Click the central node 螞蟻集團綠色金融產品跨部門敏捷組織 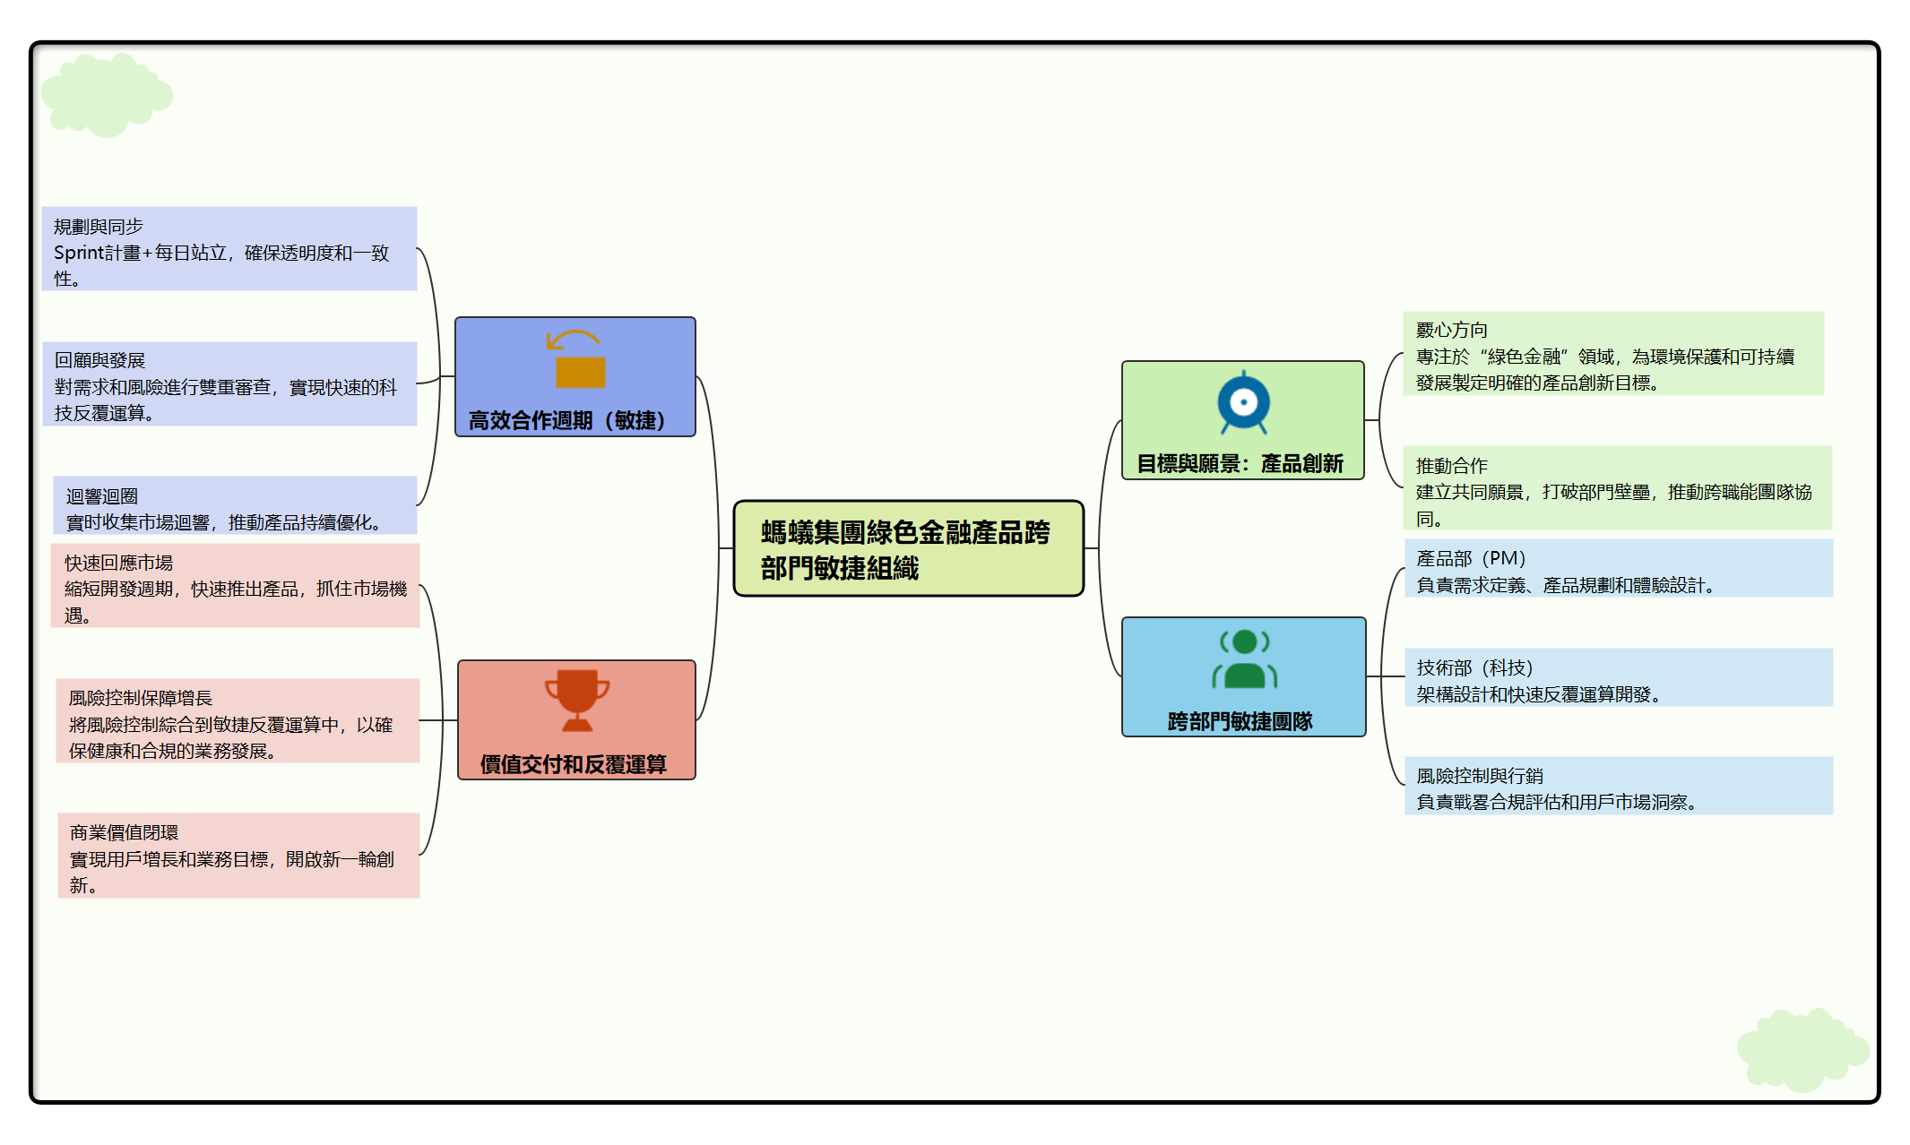(907, 549)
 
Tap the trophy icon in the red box (576, 700)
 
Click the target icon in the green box (1243, 403)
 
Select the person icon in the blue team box (1244, 659)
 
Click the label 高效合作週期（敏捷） (566, 420)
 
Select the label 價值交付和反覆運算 (573, 764)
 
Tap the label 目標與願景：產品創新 (1240, 463)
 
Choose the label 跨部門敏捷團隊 (1240, 721)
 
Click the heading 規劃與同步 (99, 227)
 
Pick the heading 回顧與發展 (99, 360)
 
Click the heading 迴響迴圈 (102, 495)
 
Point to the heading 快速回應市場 (118, 563)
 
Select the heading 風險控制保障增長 (141, 698)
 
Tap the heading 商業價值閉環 (124, 832)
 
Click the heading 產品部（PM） (1470, 558)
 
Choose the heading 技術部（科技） (1474, 667)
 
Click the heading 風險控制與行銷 (1479, 776)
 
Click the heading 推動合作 (1451, 466)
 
